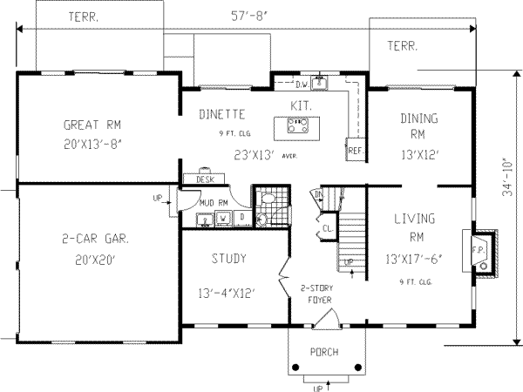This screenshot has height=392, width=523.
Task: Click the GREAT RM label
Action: pos(96,123)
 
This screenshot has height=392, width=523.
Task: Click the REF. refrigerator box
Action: pos(354,149)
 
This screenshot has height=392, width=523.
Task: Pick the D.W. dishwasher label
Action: pos(302,84)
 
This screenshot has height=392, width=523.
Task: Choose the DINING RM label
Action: pos(418,126)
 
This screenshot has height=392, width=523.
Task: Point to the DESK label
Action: pos(205,179)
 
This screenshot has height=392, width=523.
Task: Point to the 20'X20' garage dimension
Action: pos(97,260)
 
